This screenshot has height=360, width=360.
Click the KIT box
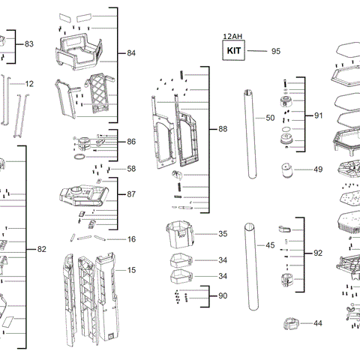click(x=232, y=51)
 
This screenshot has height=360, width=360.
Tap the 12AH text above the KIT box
click(x=232, y=36)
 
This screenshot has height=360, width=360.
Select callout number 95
click(x=275, y=51)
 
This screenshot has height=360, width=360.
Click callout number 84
click(x=131, y=54)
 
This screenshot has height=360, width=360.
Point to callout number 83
click(x=29, y=44)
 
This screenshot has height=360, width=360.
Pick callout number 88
click(x=223, y=130)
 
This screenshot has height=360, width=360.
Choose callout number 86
click(x=131, y=142)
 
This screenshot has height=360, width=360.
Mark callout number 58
click(x=131, y=169)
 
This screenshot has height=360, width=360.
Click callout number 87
click(x=131, y=194)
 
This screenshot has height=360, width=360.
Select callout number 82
click(x=41, y=249)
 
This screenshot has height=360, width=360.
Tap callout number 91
click(x=318, y=116)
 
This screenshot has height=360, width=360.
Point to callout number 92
click(x=318, y=253)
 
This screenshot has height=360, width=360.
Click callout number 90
click(x=223, y=296)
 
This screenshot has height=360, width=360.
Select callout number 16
click(x=131, y=239)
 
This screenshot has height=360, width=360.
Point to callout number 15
click(x=131, y=270)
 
